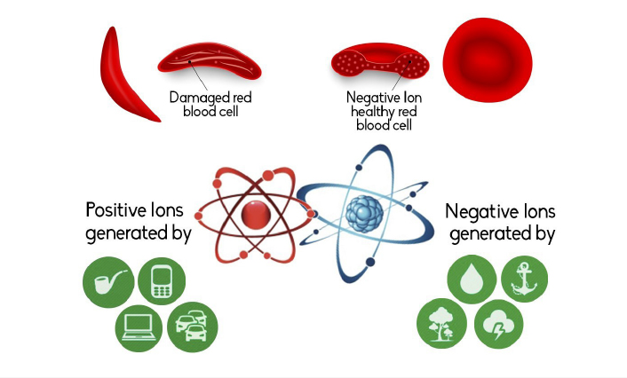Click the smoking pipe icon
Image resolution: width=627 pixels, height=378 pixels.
click(x=108, y=282)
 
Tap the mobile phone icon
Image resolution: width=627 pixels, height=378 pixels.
click(x=162, y=281)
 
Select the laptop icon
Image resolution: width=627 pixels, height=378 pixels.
click(x=139, y=328)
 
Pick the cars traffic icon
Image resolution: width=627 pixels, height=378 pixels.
click(x=193, y=327)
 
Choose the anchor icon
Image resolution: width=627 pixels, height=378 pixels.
click(x=524, y=279)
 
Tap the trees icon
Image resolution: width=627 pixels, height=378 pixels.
click(x=441, y=323)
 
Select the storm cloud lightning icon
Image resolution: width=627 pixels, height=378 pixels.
click(x=498, y=324)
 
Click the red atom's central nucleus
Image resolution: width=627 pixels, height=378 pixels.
click(x=256, y=215)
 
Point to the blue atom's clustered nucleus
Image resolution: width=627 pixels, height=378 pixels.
click(x=364, y=213)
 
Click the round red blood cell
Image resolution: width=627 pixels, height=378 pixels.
click(x=488, y=60)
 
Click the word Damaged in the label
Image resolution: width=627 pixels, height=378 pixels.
click(x=195, y=98)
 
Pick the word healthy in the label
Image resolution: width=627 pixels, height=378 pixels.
click(x=370, y=112)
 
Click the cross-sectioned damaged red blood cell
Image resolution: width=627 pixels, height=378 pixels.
click(x=210, y=62)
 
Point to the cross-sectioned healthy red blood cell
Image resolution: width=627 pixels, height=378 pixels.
click(x=380, y=60)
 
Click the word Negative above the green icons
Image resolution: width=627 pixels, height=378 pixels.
click(x=476, y=211)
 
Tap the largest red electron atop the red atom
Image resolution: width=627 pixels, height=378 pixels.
click(x=268, y=176)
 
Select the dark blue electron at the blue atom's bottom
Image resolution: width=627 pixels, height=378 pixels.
click(x=370, y=262)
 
